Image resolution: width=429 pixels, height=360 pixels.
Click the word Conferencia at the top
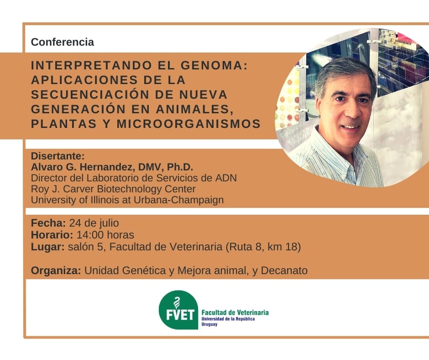[63, 42]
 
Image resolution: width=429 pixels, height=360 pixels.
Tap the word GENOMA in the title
[214, 65]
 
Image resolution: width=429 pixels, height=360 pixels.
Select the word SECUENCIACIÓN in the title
[90, 95]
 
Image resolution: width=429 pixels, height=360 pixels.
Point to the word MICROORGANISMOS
[189, 124]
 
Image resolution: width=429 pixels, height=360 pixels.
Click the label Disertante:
[58, 156]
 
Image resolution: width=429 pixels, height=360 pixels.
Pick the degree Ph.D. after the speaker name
[180, 167]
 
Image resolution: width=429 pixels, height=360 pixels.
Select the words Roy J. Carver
[63, 189]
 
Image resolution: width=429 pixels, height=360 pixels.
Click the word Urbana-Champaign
[178, 200]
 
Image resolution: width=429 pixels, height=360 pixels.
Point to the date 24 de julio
[94, 223]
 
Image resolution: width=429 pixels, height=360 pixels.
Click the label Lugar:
[47, 247]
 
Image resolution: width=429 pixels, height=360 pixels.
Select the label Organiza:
[56, 270]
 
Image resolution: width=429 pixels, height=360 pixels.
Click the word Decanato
[284, 270]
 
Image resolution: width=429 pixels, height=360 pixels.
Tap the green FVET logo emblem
[178, 310]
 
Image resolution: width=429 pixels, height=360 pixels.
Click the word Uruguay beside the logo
[209, 324]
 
